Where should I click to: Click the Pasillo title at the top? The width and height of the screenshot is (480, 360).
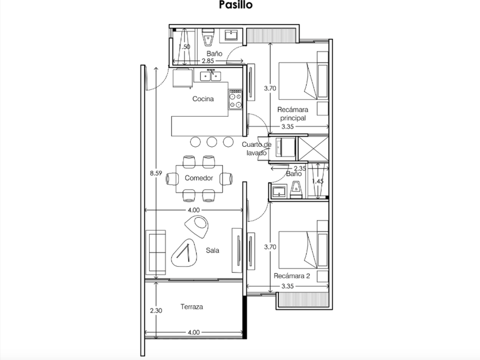click(235, 5)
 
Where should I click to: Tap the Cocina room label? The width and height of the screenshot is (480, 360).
click(203, 99)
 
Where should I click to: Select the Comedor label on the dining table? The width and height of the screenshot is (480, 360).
click(199, 178)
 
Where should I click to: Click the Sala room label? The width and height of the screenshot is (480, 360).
click(213, 250)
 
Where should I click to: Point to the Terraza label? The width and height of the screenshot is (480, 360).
click(191, 307)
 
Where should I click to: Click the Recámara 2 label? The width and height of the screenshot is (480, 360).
click(292, 276)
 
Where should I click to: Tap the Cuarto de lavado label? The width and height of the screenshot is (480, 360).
click(257, 149)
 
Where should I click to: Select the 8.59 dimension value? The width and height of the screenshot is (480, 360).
click(156, 173)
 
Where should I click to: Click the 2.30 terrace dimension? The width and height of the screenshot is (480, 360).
click(156, 311)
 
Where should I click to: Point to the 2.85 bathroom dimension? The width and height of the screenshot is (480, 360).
click(207, 61)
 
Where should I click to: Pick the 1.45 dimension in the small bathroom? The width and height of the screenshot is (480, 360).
click(318, 181)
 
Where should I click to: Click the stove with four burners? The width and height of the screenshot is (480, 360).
click(235, 99)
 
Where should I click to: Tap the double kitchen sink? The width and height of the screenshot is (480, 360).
click(210, 75)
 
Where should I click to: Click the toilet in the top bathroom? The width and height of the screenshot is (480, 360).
click(208, 37)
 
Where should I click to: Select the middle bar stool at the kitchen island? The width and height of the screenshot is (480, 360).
click(212, 142)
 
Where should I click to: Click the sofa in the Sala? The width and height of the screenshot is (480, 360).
click(156, 252)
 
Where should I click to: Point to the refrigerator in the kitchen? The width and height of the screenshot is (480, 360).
click(183, 79)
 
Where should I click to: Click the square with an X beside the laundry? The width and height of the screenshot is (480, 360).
click(314, 149)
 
